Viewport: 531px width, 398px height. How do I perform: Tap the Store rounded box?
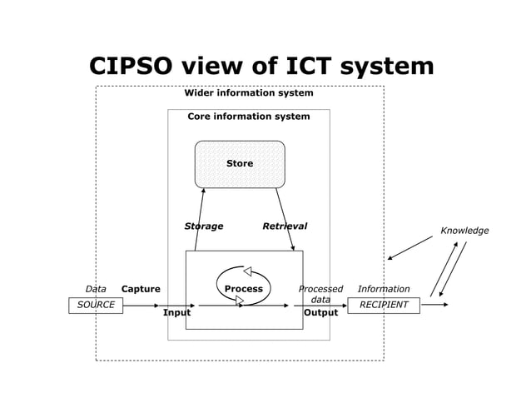point(240,164)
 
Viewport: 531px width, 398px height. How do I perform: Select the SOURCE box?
point(96,305)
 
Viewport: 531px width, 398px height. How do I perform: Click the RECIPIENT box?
point(383,305)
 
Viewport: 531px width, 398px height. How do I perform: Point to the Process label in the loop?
point(243,289)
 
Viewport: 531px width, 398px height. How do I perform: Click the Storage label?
point(203,226)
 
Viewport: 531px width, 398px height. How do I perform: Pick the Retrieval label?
point(285,226)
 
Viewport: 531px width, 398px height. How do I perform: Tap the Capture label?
point(141,289)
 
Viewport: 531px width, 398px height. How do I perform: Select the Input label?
point(176,313)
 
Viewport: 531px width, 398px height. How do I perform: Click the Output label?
point(320,313)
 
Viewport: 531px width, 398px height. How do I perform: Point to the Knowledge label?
point(464,231)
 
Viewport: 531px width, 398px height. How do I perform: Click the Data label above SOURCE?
point(96,289)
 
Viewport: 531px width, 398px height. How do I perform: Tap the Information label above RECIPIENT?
point(383,289)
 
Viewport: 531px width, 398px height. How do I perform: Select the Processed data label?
point(320,294)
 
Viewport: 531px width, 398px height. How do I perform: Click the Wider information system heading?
point(248,93)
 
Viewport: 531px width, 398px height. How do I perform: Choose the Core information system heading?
point(248,117)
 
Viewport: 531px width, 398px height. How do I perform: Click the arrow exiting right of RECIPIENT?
point(434,305)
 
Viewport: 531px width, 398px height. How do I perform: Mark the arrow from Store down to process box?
point(285,219)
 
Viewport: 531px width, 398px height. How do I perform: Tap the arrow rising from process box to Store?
point(200,218)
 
